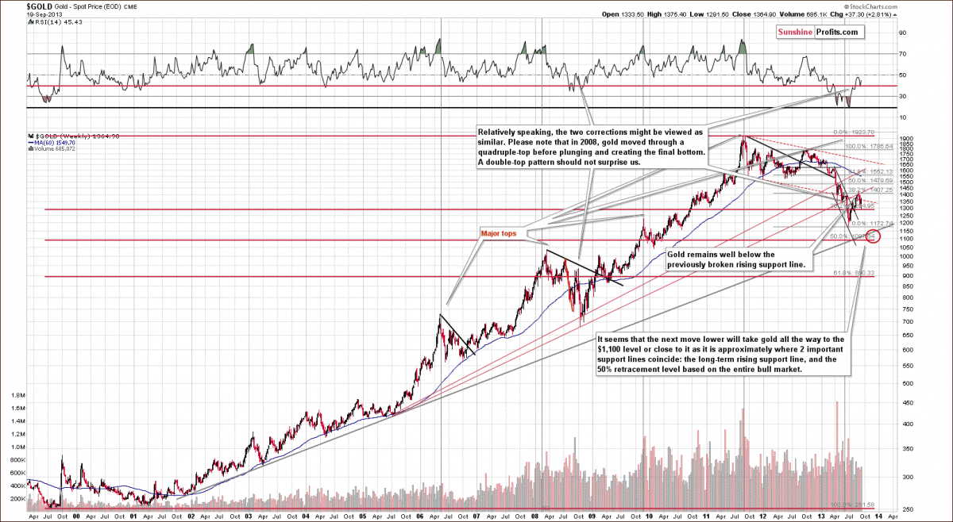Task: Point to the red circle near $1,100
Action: (x=873, y=236)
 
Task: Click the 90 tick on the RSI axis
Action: (x=902, y=33)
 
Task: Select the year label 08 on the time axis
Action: (x=534, y=515)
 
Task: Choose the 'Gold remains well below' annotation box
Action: (x=735, y=259)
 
